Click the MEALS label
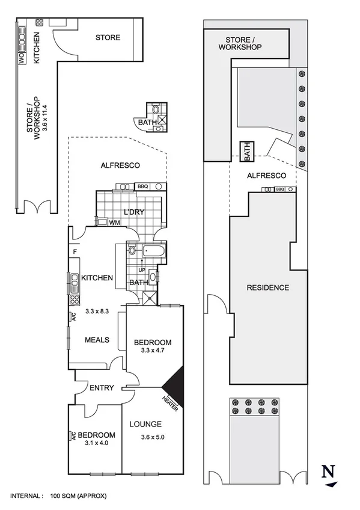pos(97,340)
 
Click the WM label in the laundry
pos(114,223)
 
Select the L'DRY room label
pos(132,214)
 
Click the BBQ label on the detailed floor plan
pos(142,186)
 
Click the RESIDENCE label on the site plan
pos(268,287)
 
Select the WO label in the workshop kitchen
pos(20,58)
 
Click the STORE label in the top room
pos(108,37)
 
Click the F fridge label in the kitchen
pos(75,251)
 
